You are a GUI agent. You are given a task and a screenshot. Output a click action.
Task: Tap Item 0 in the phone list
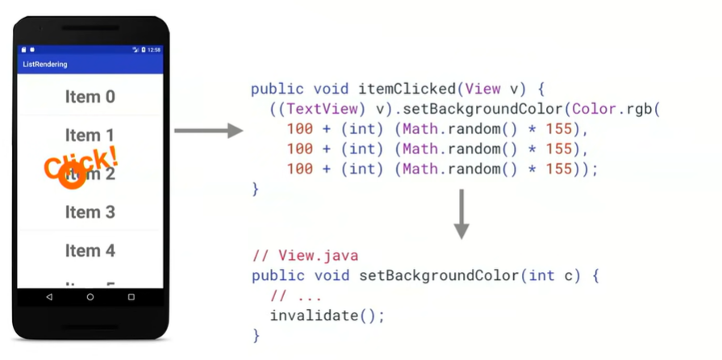pos(90,97)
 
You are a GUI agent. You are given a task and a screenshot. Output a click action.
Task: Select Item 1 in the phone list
pos(90,135)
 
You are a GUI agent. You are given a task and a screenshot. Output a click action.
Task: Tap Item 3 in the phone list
pos(90,212)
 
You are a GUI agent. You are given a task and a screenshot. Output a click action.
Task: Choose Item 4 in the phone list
pos(90,251)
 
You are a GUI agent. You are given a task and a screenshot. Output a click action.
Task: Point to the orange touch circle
pos(73,178)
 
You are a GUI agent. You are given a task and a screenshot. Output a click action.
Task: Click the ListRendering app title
pos(45,65)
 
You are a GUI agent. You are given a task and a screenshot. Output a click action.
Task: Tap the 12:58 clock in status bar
pos(153,50)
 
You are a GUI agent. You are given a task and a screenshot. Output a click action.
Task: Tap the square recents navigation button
pos(131,297)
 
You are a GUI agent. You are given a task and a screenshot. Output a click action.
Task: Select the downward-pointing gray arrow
pos(461,214)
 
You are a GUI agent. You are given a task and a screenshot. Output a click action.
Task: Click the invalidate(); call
pos(327,316)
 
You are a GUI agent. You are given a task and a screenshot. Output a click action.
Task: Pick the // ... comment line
pos(296,295)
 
